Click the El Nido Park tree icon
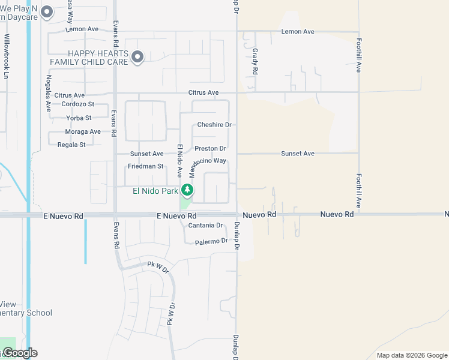click(x=187, y=190)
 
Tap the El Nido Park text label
click(x=155, y=191)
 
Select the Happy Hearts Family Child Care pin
click(x=137, y=57)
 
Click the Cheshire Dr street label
click(x=214, y=125)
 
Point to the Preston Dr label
click(x=210, y=148)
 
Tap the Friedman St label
click(x=145, y=166)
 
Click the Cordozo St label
click(x=77, y=104)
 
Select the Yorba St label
click(x=80, y=118)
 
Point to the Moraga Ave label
click(x=83, y=131)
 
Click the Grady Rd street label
click(x=255, y=61)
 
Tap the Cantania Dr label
click(x=205, y=226)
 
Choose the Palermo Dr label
click(x=211, y=241)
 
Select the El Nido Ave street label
click(x=179, y=160)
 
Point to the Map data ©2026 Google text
click(x=411, y=355)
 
